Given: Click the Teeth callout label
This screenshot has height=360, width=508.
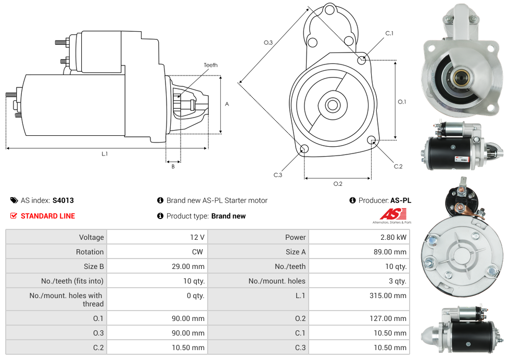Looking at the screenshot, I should click(210, 65).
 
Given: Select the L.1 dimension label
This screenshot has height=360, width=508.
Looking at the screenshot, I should click(105, 154).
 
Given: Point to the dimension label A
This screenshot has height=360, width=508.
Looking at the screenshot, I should click(227, 104).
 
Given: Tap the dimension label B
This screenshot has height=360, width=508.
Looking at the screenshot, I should click(173, 166).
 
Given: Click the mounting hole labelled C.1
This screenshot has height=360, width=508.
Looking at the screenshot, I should click(362, 60).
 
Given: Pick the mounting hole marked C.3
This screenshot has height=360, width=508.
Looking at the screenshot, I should click(304, 150).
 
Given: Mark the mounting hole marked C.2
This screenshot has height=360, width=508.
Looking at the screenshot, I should click(372, 140).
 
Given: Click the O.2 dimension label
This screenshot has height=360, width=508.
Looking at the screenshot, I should click(337, 184).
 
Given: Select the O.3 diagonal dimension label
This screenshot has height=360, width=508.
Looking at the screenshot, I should click(268, 43).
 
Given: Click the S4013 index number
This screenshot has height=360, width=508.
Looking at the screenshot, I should click(63, 200).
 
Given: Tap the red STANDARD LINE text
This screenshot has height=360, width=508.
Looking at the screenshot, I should click(48, 216).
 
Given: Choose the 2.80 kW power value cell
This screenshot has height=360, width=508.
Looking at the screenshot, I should click(393, 237).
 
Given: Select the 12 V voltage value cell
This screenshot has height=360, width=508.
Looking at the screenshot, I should click(197, 237).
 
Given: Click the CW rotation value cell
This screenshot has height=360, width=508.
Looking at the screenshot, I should click(199, 252).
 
